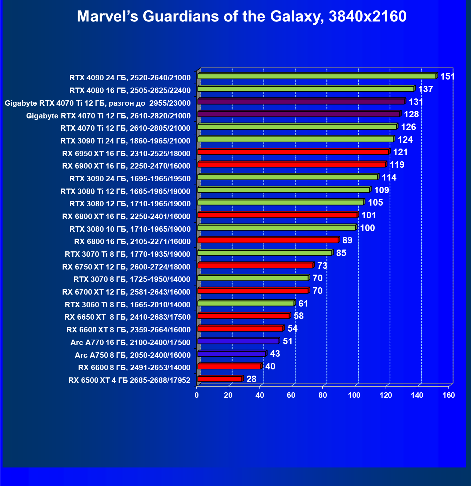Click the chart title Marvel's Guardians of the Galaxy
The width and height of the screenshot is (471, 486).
click(x=242, y=17)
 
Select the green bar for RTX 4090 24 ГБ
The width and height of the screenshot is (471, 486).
click(x=316, y=76)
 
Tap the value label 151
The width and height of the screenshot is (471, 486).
click(x=447, y=77)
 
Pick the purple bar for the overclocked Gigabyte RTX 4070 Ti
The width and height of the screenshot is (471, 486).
click(x=301, y=101)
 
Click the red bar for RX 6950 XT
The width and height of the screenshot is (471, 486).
click(x=293, y=152)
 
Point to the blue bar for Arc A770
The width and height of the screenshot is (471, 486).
click(x=238, y=341)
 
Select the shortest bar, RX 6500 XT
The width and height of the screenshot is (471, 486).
click(x=220, y=379)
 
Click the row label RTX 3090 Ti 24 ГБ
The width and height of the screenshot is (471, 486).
click(x=125, y=141)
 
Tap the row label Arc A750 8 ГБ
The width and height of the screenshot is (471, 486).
click(x=133, y=355)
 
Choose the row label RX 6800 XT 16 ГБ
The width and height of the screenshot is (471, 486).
click(x=126, y=216)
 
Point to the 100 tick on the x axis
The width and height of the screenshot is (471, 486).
click(x=354, y=395)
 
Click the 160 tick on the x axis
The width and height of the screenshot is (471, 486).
click(x=449, y=395)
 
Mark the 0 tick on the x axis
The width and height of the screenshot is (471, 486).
click(x=197, y=395)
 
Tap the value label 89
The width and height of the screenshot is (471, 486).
click(x=347, y=240)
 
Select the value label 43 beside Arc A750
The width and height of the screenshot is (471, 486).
click(x=275, y=354)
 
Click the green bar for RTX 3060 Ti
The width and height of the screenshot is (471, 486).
click(x=246, y=303)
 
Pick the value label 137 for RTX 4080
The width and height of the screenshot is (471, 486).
click(x=426, y=89)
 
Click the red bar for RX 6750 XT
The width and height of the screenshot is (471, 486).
click(x=255, y=266)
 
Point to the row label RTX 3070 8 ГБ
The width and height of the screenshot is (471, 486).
click(x=132, y=279)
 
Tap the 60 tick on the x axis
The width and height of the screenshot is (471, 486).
click(x=291, y=395)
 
